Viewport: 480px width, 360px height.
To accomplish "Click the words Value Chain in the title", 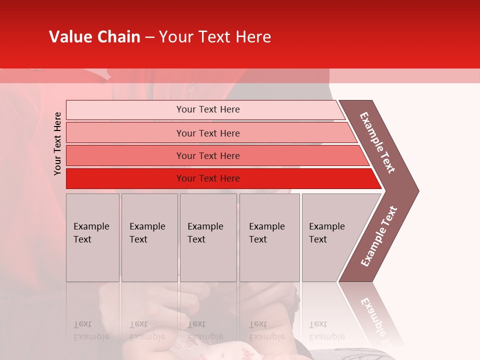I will click(94, 37).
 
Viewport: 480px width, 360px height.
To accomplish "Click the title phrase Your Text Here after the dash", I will click(215, 37).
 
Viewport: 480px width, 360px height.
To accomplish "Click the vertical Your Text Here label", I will click(57, 143).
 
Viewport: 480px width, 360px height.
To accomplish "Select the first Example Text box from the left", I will click(92, 237).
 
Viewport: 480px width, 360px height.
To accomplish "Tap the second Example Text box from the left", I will click(149, 237).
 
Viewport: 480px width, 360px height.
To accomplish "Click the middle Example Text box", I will click(208, 237).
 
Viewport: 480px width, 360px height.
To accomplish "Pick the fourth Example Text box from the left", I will click(269, 237).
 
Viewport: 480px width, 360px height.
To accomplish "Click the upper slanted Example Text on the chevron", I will click(377, 142).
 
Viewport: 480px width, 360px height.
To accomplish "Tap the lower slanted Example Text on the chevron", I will click(379, 236).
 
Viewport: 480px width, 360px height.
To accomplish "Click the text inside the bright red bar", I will click(208, 178).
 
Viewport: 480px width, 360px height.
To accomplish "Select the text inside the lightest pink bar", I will click(208, 109).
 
